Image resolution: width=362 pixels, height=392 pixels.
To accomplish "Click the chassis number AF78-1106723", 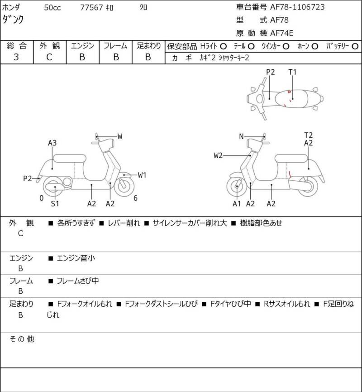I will click(297, 7).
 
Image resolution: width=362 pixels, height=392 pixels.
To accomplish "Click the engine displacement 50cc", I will click(53, 7).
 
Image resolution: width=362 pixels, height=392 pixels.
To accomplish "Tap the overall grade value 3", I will click(16, 57).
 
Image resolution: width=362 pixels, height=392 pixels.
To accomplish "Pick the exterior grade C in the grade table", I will click(49, 57).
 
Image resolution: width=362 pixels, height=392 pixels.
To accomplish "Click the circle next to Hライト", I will click(223, 46).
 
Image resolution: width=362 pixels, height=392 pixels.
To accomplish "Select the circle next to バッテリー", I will click(355, 46).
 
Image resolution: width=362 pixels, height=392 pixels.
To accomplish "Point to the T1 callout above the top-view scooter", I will click(293, 72).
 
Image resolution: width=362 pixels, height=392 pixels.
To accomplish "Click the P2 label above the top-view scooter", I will click(271, 72).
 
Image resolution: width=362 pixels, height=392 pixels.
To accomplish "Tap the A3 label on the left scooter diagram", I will click(52, 143).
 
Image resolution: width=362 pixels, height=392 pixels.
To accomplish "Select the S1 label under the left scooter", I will click(55, 203).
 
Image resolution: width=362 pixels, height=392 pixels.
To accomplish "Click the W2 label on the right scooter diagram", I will click(218, 156).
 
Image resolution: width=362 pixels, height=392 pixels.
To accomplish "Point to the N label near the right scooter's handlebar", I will click(241, 136).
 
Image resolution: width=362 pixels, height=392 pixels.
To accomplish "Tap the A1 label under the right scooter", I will click(237, 203).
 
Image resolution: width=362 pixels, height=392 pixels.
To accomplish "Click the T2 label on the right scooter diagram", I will click(309, 135).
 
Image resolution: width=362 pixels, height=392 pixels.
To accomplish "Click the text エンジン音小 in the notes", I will click(76, 258).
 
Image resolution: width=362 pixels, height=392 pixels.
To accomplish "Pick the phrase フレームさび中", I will click(78, 281).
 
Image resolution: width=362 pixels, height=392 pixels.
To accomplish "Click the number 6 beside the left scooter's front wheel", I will click(135, 198).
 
